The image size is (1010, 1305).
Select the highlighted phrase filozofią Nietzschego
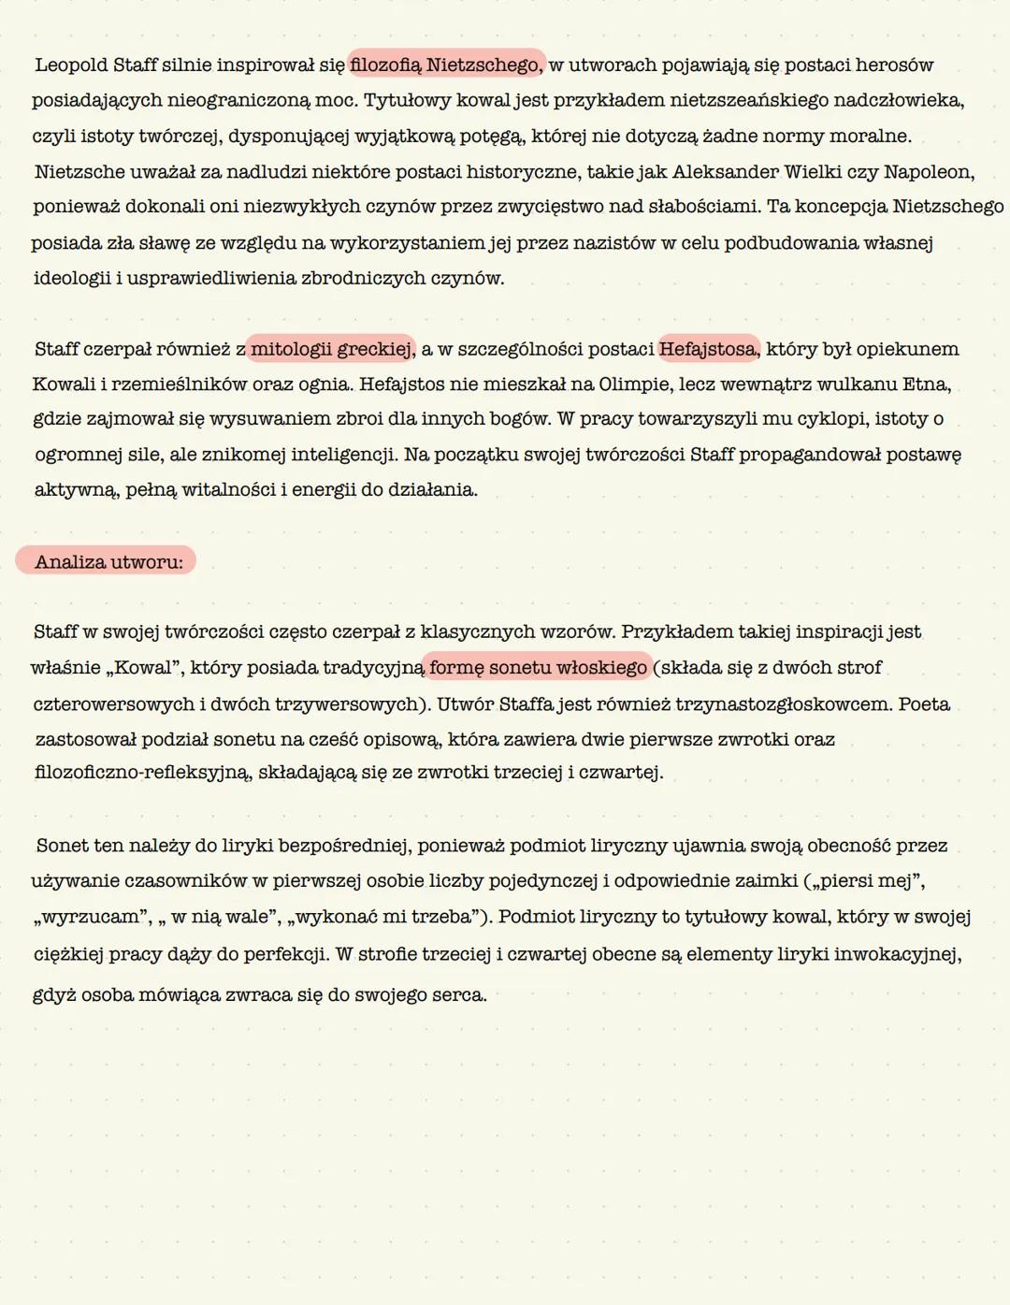pyautogui.click(x=446, y=65)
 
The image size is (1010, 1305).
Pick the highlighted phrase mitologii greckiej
pyautogui.click(x=332, y=349)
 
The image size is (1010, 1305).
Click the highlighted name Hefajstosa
pyautogui.click(x=708, y=349)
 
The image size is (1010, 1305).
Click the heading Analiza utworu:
pyautogui.click(x=108, y=562)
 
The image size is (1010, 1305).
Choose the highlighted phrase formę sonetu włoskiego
pyautogui.click(x=539, y=667)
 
